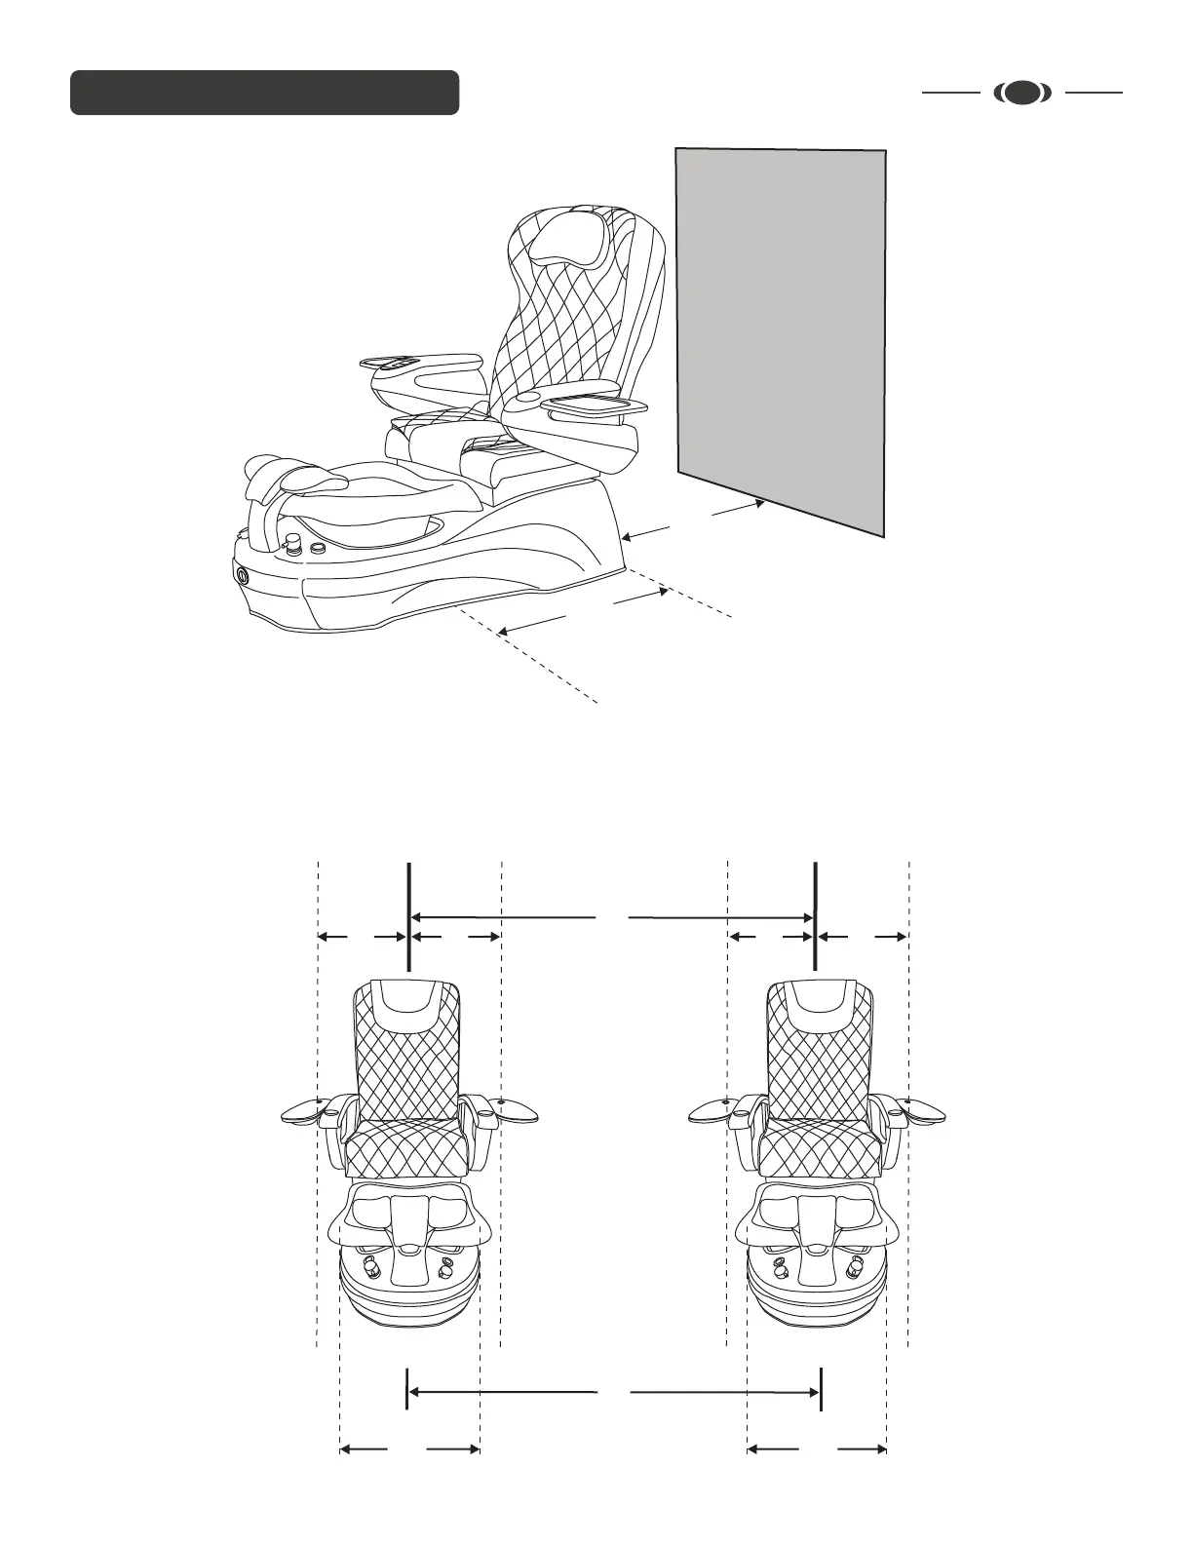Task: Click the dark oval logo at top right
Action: [1022, 93]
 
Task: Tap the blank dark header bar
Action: [264, 93]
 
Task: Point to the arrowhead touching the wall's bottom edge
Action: [758, 504]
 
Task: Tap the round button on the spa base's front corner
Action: [242, 574]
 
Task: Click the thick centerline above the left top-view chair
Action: [407, 916]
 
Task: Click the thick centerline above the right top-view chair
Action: [815, 916]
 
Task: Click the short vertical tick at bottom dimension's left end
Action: [406, 1389]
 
